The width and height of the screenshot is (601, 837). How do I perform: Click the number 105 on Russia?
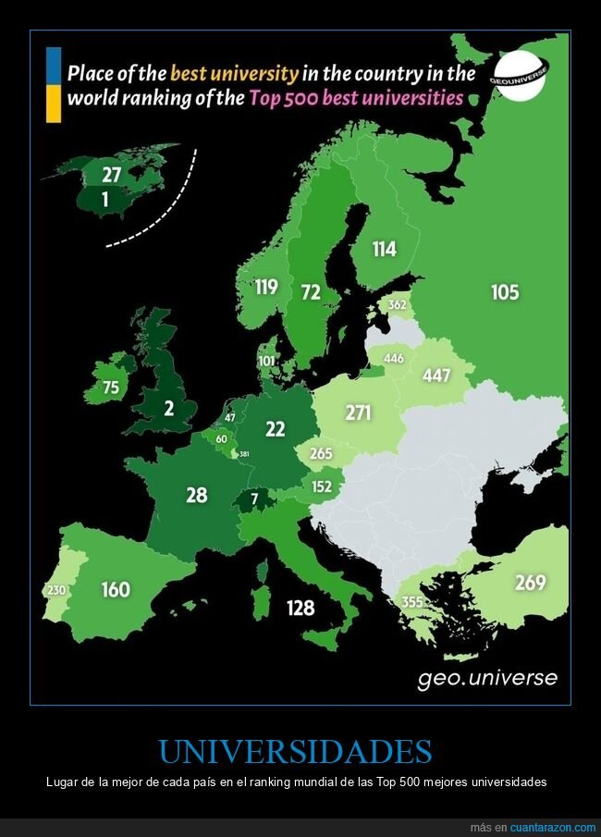click(x=505, y=292)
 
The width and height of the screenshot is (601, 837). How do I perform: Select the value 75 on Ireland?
click(x=110, y=388)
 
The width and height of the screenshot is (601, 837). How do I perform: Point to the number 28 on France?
click(x=196, y=495)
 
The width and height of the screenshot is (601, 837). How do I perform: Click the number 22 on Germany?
click(x=275, y=428)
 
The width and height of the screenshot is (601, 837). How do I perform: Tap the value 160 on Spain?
click(x=116, y=588)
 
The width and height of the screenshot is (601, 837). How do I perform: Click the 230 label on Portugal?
click(x=55, y=591)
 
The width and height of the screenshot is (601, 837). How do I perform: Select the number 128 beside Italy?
click(x=300, y=608)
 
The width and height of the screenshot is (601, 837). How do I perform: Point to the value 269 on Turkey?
click(x=530, y=583)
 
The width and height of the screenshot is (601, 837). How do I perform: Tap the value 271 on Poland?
click(x=358, y=412)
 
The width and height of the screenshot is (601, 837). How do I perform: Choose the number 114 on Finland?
click(x=384, y=249)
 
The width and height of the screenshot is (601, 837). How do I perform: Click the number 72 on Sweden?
click(x=311, y=292)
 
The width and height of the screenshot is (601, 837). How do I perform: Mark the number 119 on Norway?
click(x=266, y=287)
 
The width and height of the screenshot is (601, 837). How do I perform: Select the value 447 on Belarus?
click(x=436, y=375)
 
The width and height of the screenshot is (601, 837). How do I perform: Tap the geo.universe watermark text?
click(x=487, y=678)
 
